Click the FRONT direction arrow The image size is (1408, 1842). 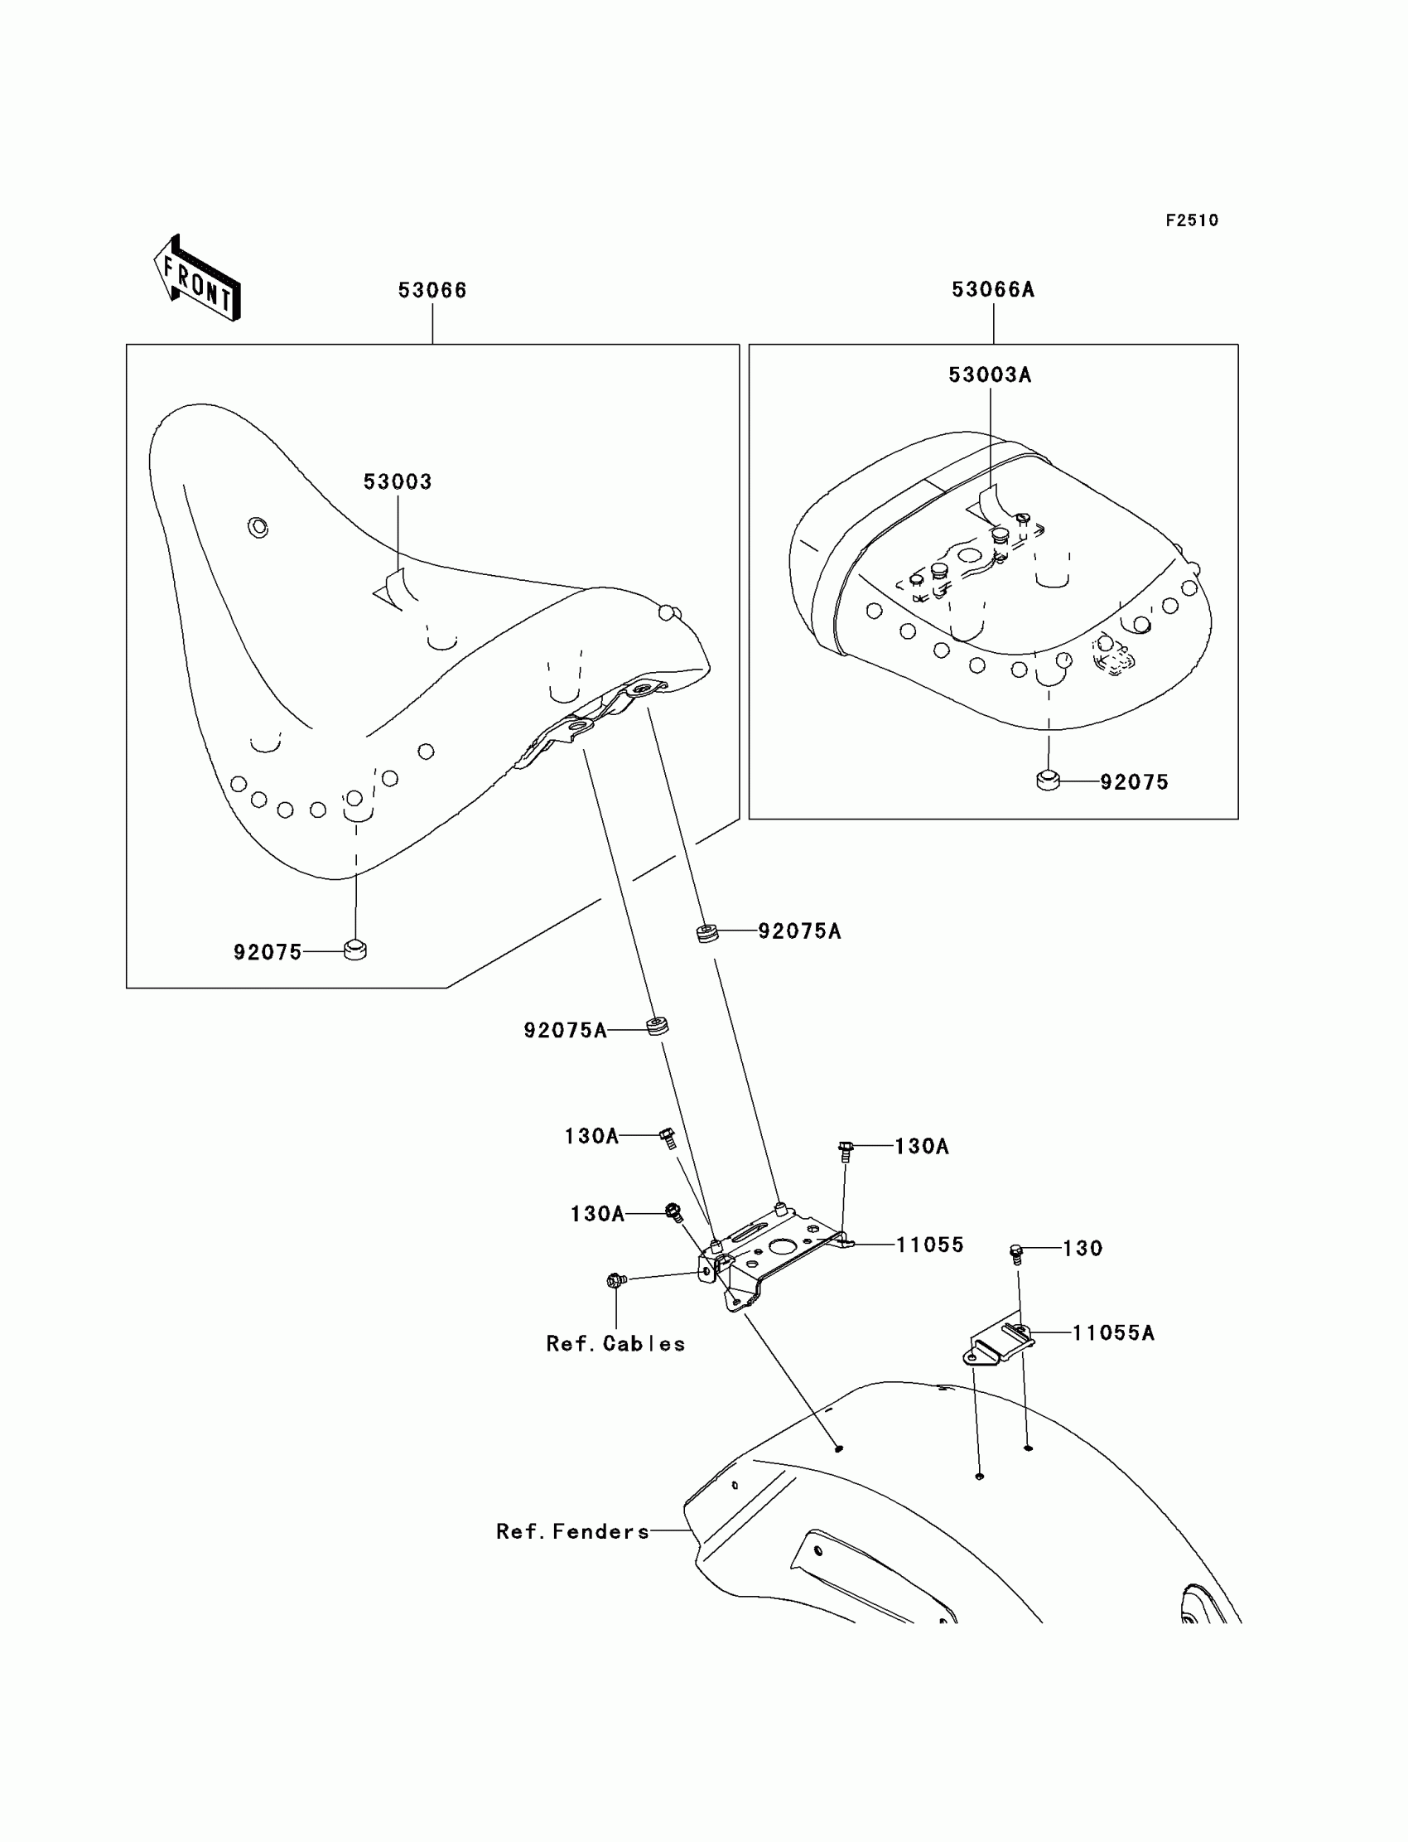[x=198, y=279]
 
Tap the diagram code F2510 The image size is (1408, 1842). [x=1191, y=220]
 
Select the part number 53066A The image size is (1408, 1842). [x=992, y=290]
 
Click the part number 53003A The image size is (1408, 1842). [x=990, y=375]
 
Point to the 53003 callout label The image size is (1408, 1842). [x=398, y=482]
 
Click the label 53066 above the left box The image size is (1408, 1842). [x=432, y=291]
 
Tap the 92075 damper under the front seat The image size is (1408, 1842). [x=355, y=950]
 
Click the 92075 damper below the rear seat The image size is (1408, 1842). [x=1048, y=781]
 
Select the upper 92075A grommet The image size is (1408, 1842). [x=707, y=932]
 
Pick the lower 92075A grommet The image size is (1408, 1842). [x=657, y=1025]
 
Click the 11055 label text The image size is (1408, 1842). [x=929, y=1245]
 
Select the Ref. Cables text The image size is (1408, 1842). [x=615, y=1344]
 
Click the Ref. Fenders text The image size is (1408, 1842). [x=572, y=1532]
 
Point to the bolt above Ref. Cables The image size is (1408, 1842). [x=616, y=1280]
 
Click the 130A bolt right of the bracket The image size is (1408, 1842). [x=845, y=1150]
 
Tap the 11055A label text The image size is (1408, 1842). [x=1113, y=1333]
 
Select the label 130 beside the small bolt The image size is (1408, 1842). [x=1082, y=1249]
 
